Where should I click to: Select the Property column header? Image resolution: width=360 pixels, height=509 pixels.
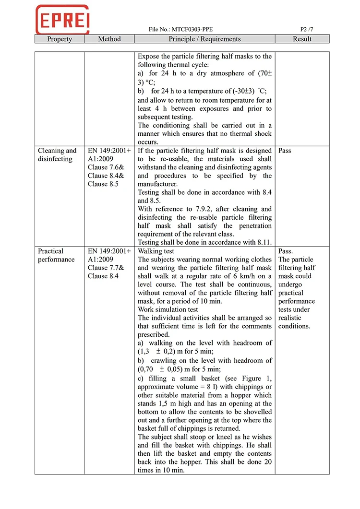(x=60, y=39)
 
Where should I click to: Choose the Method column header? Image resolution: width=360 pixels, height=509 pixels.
(x=109, y=39)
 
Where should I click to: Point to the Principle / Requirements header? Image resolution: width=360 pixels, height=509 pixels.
(x=204, y=39)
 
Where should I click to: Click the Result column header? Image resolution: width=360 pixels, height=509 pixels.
(x=302, y=39)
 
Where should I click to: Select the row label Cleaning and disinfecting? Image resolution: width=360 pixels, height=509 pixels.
(x=57, y=154)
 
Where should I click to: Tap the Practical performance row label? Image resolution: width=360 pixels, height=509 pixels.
(x=56, y=255)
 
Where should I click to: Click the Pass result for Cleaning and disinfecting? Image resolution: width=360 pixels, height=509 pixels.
(x=285, y=151)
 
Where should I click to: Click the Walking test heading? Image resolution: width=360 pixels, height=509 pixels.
(x=156, y=251)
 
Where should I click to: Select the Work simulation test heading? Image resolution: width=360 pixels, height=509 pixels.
(x=168, y=309)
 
